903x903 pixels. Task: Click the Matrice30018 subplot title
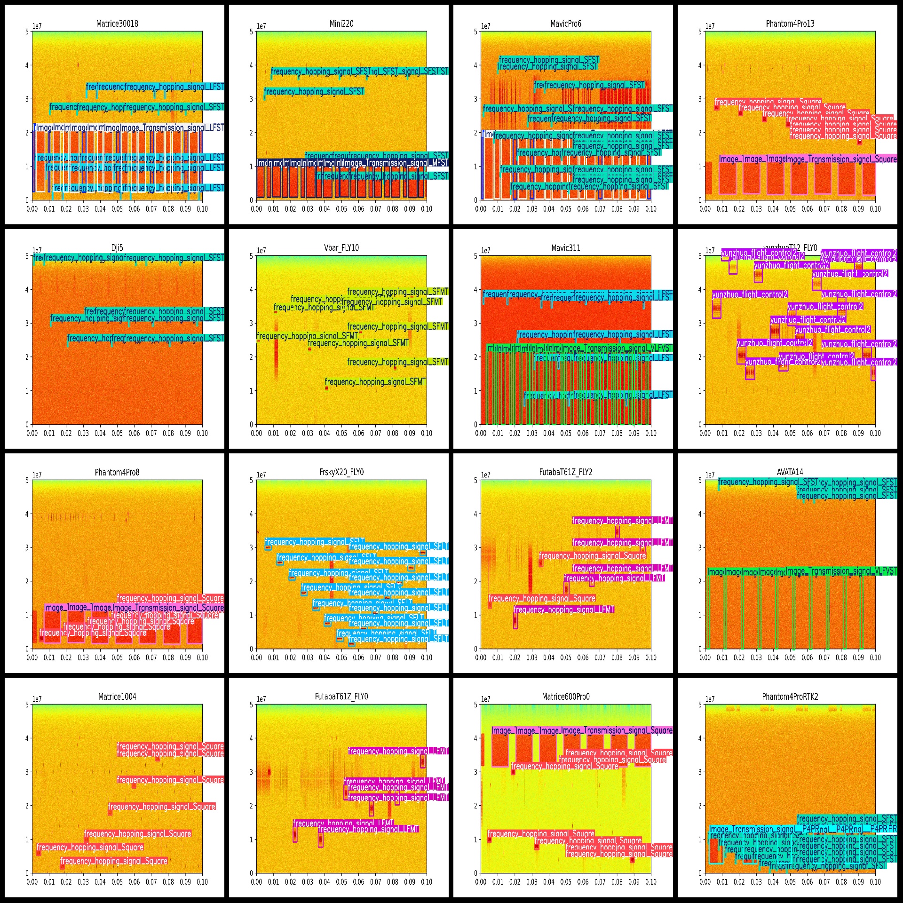(117, 24)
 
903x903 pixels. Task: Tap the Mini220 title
(341, 24)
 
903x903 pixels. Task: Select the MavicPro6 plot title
(566, 24)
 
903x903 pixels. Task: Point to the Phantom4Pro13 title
(790, 24)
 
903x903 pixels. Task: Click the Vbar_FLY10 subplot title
(341, 248)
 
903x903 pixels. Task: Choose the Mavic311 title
(566, 248)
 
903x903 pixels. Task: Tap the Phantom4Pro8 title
(117, 473)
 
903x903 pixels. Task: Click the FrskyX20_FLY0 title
(341, 473)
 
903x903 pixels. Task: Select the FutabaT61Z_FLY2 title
(566, 473)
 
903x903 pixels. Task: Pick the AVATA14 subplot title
(790, 472)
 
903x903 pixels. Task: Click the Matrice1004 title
(117, 697)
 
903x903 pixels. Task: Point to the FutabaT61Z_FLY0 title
(341, 697)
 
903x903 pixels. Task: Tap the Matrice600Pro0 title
(566, 697)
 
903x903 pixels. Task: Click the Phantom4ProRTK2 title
(790, 697)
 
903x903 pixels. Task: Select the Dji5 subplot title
(117, 248)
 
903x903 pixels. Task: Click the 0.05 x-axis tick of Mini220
(341, 209)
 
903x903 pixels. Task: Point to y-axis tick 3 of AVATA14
(700, 547)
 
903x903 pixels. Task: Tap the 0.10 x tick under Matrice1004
(202, 882)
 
